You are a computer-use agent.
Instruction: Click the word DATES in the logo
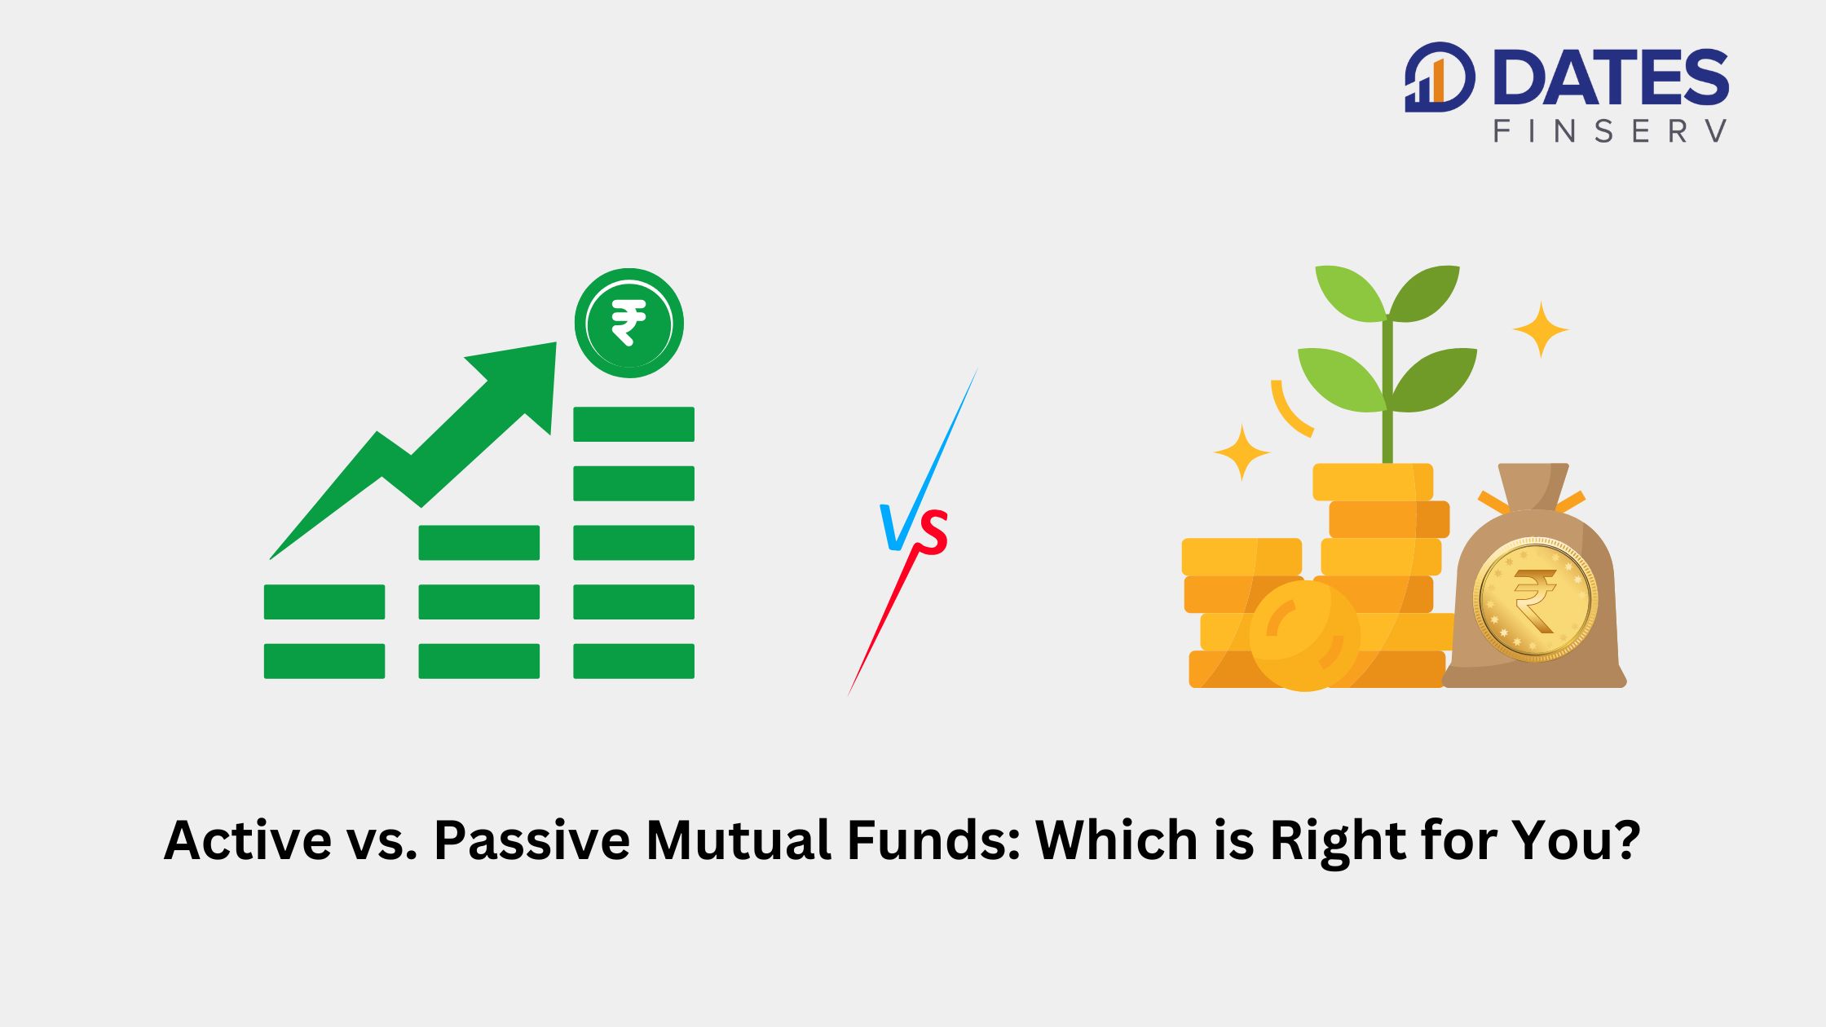click(x=1611, y=77)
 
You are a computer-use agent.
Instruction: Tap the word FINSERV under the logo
click(x=1610, y=131)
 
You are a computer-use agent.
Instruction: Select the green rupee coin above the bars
click(x=629, y=323)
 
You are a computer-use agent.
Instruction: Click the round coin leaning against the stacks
click(x=1303, y=636)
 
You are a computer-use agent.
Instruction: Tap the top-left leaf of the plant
click(x=1349, y=293)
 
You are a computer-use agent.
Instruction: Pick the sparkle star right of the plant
click(x=1540, y=329)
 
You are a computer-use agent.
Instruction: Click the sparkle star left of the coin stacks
click(x=1242, y=452)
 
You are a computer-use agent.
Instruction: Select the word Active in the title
click(x=248, y=840)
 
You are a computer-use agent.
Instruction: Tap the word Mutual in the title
click(x=739, y=840)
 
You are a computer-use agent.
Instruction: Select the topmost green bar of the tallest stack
click(x=633, y=424)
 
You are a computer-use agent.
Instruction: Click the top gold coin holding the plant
click(x=1372, y=482)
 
